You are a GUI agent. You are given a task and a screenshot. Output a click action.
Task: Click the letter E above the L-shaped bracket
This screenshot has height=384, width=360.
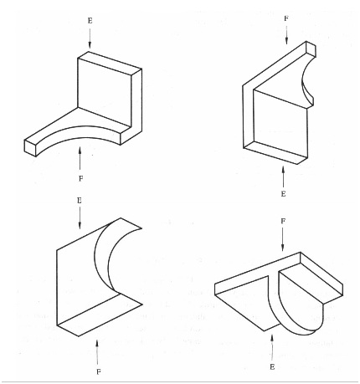coord(90,18)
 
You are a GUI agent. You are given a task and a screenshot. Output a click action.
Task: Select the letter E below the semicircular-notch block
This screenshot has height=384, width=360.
coord(285,194)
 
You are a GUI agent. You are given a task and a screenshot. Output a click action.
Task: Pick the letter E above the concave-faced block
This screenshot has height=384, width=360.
coord(78,202)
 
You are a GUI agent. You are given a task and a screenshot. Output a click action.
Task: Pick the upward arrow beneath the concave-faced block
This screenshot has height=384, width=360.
coord(98,345)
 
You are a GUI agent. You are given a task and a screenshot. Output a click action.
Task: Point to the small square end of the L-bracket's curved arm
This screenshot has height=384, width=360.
coord(32,149)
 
